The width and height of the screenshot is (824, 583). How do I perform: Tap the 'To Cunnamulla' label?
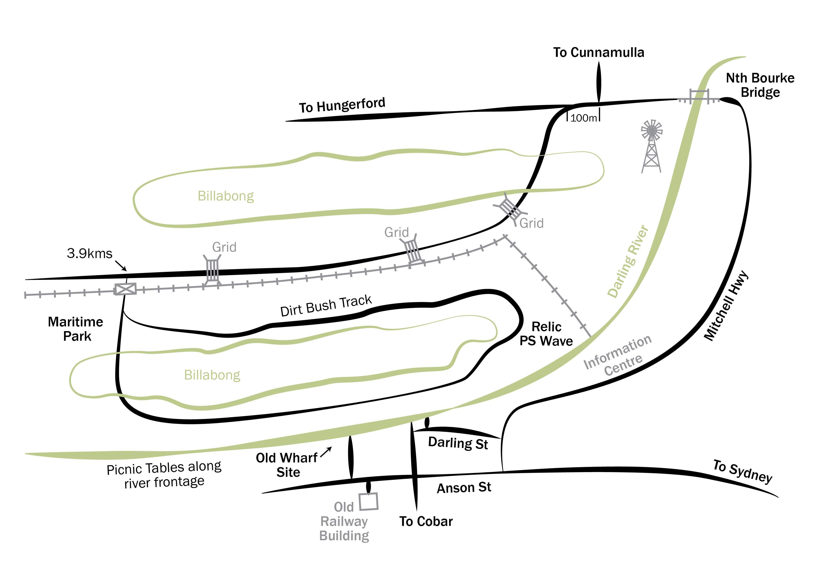[x=599, y=52]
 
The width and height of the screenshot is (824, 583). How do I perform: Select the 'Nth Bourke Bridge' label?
[x=760, y=85]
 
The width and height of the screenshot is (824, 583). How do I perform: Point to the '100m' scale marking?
[x=583, y=118]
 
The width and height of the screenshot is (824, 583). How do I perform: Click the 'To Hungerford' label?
[x=342, y=105]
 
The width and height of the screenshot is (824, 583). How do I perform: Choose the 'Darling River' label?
[x=628, y=262]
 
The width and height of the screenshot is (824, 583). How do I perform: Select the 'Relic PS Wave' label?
[x=546, y=334]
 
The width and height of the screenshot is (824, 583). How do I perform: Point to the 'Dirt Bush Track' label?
[x=326, y=306]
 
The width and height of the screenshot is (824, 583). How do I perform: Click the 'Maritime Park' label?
[x=76, y=329]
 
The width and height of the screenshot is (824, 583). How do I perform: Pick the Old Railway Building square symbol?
[x=369, y=501]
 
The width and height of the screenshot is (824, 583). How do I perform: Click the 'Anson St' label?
[x=464, y=488]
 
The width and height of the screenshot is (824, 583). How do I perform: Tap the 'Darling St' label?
[x=458, y=443]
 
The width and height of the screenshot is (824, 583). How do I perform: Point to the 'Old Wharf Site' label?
[x=287, y=465]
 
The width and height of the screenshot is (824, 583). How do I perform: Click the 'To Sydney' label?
[x=742, y=472]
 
